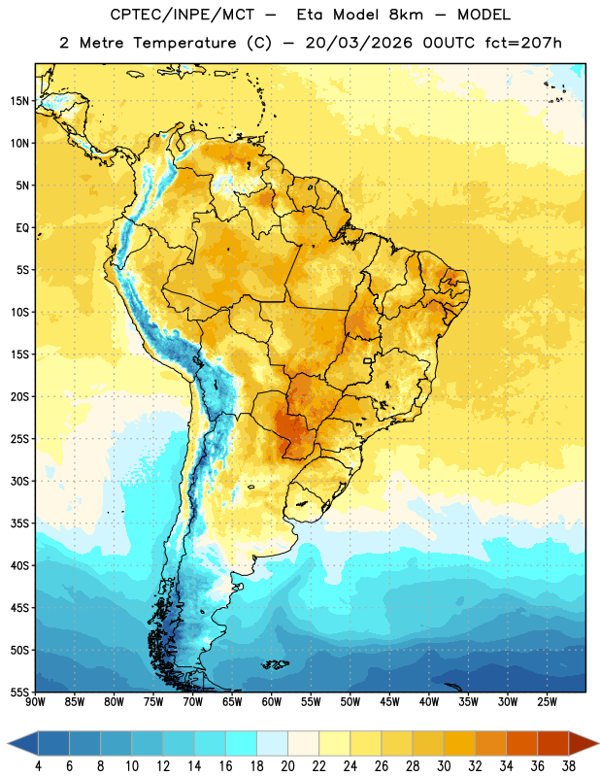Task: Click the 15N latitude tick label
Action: click(19, 101)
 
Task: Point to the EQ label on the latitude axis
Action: click(22, 228)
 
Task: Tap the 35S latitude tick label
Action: click(19, 524)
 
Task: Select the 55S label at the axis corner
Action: click(19, 693)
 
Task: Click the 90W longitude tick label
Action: click(35, 702)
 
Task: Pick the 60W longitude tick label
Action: click(272, 702)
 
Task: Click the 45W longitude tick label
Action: click(389, 702)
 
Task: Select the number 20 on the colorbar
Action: click(287, 766)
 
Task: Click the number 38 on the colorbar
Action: click(569, 766)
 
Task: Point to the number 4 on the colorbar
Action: click(38, 766)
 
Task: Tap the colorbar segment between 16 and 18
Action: click(242, 744)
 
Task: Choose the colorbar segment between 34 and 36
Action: click(522, 744)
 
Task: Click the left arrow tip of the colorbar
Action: click(8, 744)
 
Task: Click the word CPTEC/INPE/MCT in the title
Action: click(182, 15)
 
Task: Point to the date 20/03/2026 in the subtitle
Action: click(358, 43)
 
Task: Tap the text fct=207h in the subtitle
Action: click(523, 43)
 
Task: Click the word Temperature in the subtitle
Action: click(184, 43)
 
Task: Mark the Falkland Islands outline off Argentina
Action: click(276, 664)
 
